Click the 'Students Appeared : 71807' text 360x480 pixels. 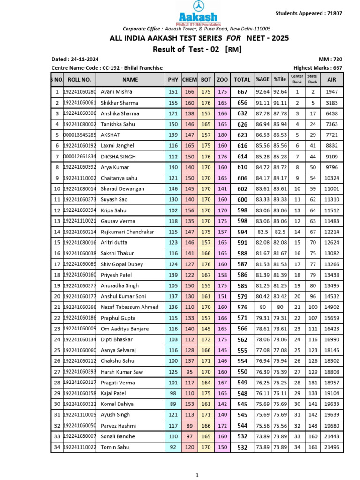[x=308, y=13]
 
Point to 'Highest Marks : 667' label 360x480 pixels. [x=318, y=68]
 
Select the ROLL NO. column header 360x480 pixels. [x=79, y=80]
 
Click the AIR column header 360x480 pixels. [x=332, y=80]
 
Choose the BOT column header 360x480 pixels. [x=206, y=80]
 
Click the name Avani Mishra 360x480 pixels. [x=116, y=92]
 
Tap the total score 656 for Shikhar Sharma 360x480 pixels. [x=242, y=103]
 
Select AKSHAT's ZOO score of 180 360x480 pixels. [x=222, y=135]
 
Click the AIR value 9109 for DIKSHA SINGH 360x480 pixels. [x=332, y=157]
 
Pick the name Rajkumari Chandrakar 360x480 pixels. [x=127, y=232]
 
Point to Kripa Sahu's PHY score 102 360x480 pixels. [x=173, y=210]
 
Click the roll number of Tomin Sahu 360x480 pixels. [x=79, y=447]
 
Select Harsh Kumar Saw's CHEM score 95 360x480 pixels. [x=190, y=372]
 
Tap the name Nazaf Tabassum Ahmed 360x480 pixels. [x=130, y=307]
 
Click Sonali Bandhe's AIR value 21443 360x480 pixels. [x=332, y=436]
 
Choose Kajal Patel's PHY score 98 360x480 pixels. [x=173, y=393]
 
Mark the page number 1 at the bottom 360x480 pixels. [x=197, y=475]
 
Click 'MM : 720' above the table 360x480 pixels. [x=331, y=60]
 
